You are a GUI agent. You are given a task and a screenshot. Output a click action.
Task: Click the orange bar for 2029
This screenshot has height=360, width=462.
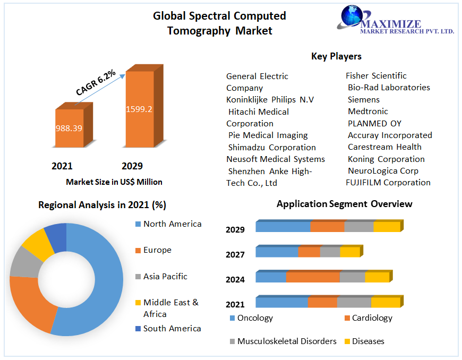(x=139, y=109)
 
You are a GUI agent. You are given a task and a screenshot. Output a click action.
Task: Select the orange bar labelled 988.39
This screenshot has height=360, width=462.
(x=69, y=128)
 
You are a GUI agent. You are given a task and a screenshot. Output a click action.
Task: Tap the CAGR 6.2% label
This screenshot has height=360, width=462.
(x=96, y=83)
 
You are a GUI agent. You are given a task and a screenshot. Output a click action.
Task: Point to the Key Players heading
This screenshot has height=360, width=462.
(x=336, y=56)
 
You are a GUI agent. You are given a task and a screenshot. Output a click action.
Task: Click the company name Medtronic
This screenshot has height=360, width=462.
(x=368, y=112)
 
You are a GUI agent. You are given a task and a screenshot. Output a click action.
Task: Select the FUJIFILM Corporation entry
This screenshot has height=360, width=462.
(x=388, y=183)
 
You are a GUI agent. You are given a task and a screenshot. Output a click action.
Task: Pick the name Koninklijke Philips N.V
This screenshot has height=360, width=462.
(x=270, y=100)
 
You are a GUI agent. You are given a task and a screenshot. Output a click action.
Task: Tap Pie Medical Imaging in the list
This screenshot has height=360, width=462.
(x=268, y=135)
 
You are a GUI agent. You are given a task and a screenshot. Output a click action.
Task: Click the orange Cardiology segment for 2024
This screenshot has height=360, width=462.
(x=313, y=277)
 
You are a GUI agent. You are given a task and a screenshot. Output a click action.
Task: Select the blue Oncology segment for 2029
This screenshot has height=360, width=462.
(x=283, y=227)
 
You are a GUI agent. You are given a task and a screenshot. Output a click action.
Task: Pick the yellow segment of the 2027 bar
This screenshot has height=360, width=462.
(x=349, y=252)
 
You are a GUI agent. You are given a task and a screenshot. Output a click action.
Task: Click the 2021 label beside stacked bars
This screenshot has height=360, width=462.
(x=235, y=304)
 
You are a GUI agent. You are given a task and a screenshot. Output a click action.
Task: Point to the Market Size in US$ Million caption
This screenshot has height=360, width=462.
(x=114, y=182)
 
